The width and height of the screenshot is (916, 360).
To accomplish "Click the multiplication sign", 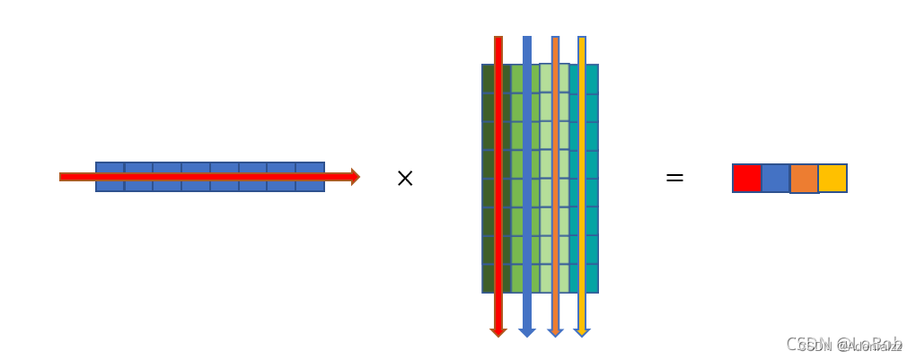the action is (405, 179).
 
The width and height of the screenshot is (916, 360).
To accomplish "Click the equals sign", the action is (674, 178).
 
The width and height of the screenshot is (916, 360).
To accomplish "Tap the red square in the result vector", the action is (747, 178).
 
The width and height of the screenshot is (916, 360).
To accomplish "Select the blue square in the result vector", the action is (776, 178).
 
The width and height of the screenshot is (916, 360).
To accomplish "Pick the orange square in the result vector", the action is (804, 178).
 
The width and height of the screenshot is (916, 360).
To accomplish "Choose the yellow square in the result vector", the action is (832, 178).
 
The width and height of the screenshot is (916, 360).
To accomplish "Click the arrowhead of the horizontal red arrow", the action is (355, 177).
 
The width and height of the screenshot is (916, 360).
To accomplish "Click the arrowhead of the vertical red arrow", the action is (498, 332).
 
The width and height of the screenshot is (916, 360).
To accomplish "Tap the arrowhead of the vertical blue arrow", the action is (527, 332).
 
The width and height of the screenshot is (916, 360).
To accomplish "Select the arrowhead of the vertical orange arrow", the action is (555, 332).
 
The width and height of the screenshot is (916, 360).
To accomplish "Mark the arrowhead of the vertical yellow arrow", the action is (582, 332).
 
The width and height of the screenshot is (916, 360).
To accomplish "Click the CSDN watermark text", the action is (844, 345).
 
